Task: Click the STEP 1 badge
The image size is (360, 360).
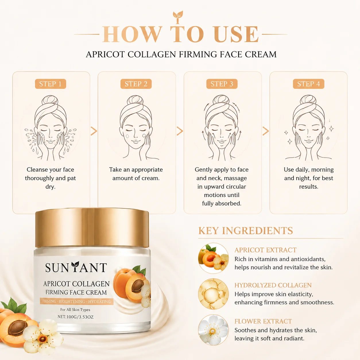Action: point(51,84)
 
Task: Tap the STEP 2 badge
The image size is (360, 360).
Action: point(136,84)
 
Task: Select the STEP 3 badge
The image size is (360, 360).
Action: point(222,84)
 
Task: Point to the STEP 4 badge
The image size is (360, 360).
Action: point(309,84)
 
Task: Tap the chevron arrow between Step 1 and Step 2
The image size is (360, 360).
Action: point(94,131)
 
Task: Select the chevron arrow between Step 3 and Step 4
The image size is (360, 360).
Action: point(266,131)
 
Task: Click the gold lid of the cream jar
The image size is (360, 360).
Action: point(92,227)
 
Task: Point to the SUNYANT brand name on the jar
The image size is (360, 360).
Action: point(76,268)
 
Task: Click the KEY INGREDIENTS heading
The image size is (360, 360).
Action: point(245,231)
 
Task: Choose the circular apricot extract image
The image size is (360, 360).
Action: point(213,258)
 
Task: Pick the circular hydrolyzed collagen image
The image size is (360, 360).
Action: point(213,294)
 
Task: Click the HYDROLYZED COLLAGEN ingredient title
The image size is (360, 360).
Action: point(273,285)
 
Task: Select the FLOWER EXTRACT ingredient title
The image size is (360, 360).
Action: point(263,321)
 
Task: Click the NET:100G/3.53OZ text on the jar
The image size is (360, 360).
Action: point(76,317)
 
